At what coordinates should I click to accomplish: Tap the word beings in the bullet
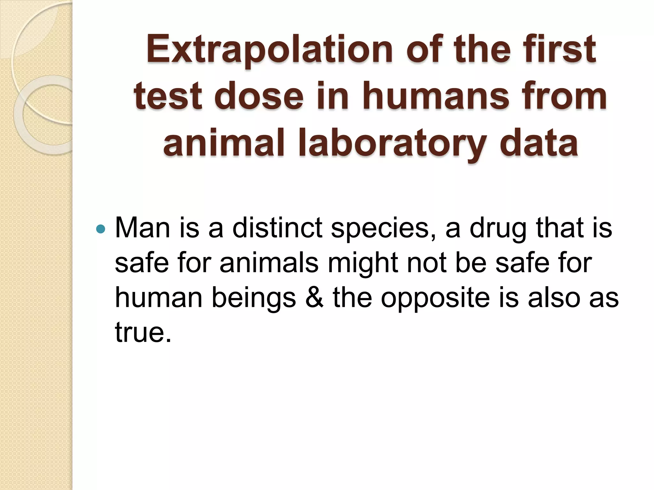[254, 299]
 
